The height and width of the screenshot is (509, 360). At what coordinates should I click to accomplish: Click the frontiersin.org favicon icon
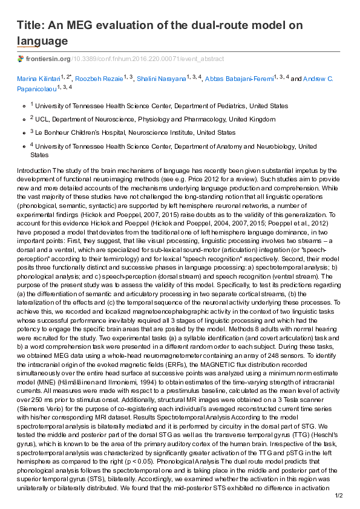click(21, 59)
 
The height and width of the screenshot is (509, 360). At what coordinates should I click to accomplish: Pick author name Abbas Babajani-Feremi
click(239, 79)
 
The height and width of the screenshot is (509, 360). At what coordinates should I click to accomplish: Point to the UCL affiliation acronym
click(42, 119)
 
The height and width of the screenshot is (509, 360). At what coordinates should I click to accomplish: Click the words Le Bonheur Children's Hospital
click(77, 132)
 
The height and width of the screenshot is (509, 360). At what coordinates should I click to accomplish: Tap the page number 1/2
click(339, 496)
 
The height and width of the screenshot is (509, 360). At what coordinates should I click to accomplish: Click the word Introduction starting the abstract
click(33, 171)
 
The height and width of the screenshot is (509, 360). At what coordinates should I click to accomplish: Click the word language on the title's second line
click(42, 41)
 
